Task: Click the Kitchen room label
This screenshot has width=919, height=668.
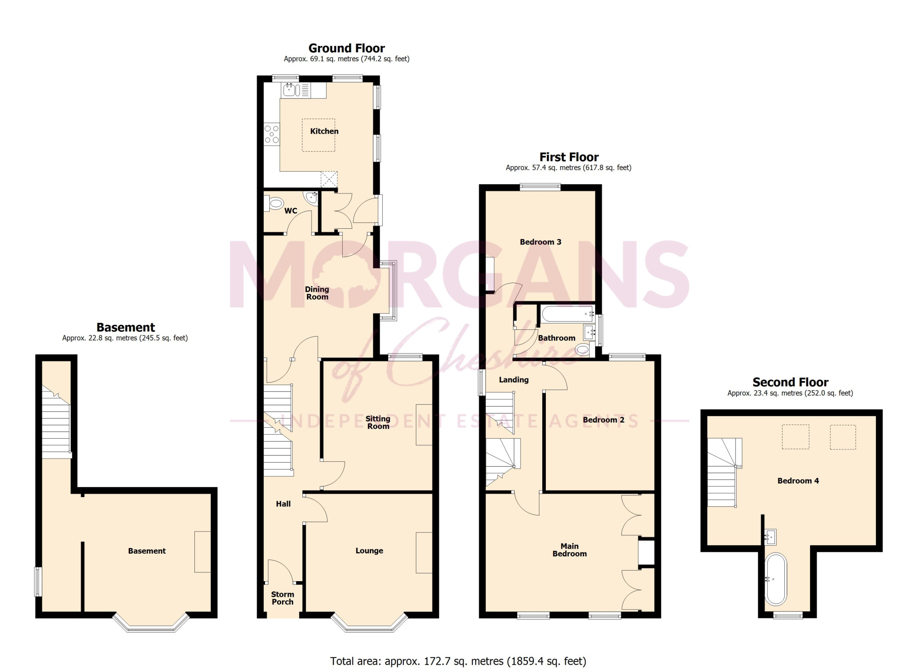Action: click(x=324, y=131)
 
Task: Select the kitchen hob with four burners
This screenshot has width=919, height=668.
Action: click(x=272, y=134)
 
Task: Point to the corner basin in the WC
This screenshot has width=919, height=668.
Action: click(x=312, y=197)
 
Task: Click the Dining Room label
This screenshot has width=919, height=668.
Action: click(x=317, y=293)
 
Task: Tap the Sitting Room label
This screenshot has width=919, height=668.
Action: click(x=378, y=423)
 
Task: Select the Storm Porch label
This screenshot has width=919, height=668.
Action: click(x=282, y=598)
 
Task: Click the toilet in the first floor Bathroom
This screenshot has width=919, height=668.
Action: click(x=583, y=350)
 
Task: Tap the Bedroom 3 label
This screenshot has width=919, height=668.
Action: click(x=540, y=242)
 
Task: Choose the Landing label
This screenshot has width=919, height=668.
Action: click(x=514, y=380)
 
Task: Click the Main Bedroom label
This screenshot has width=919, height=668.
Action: click(x=569, y=550)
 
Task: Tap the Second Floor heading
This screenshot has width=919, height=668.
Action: click(x=790, y=382)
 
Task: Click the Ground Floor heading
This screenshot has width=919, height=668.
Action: click(x=346, y=48)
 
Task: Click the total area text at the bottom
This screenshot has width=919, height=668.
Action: click(x=458, y=661)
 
